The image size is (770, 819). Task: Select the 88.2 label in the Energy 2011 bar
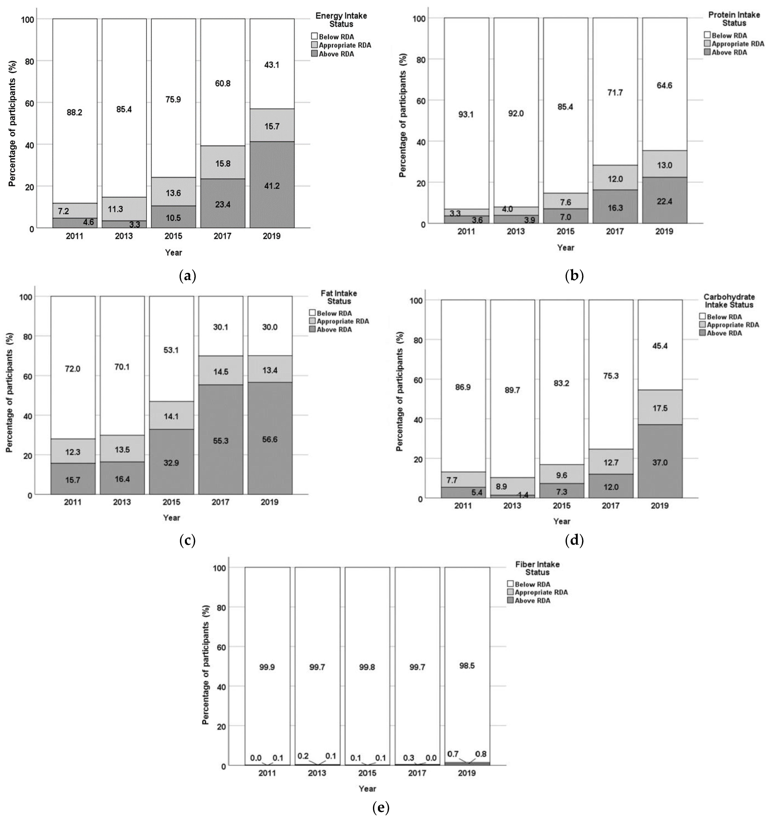75,112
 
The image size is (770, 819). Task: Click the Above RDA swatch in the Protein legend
707,52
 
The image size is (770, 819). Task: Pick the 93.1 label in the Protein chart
466,114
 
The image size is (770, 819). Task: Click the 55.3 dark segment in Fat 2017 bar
221,441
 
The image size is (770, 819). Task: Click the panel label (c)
187,540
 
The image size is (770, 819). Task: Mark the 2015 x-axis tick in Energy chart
173,236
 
